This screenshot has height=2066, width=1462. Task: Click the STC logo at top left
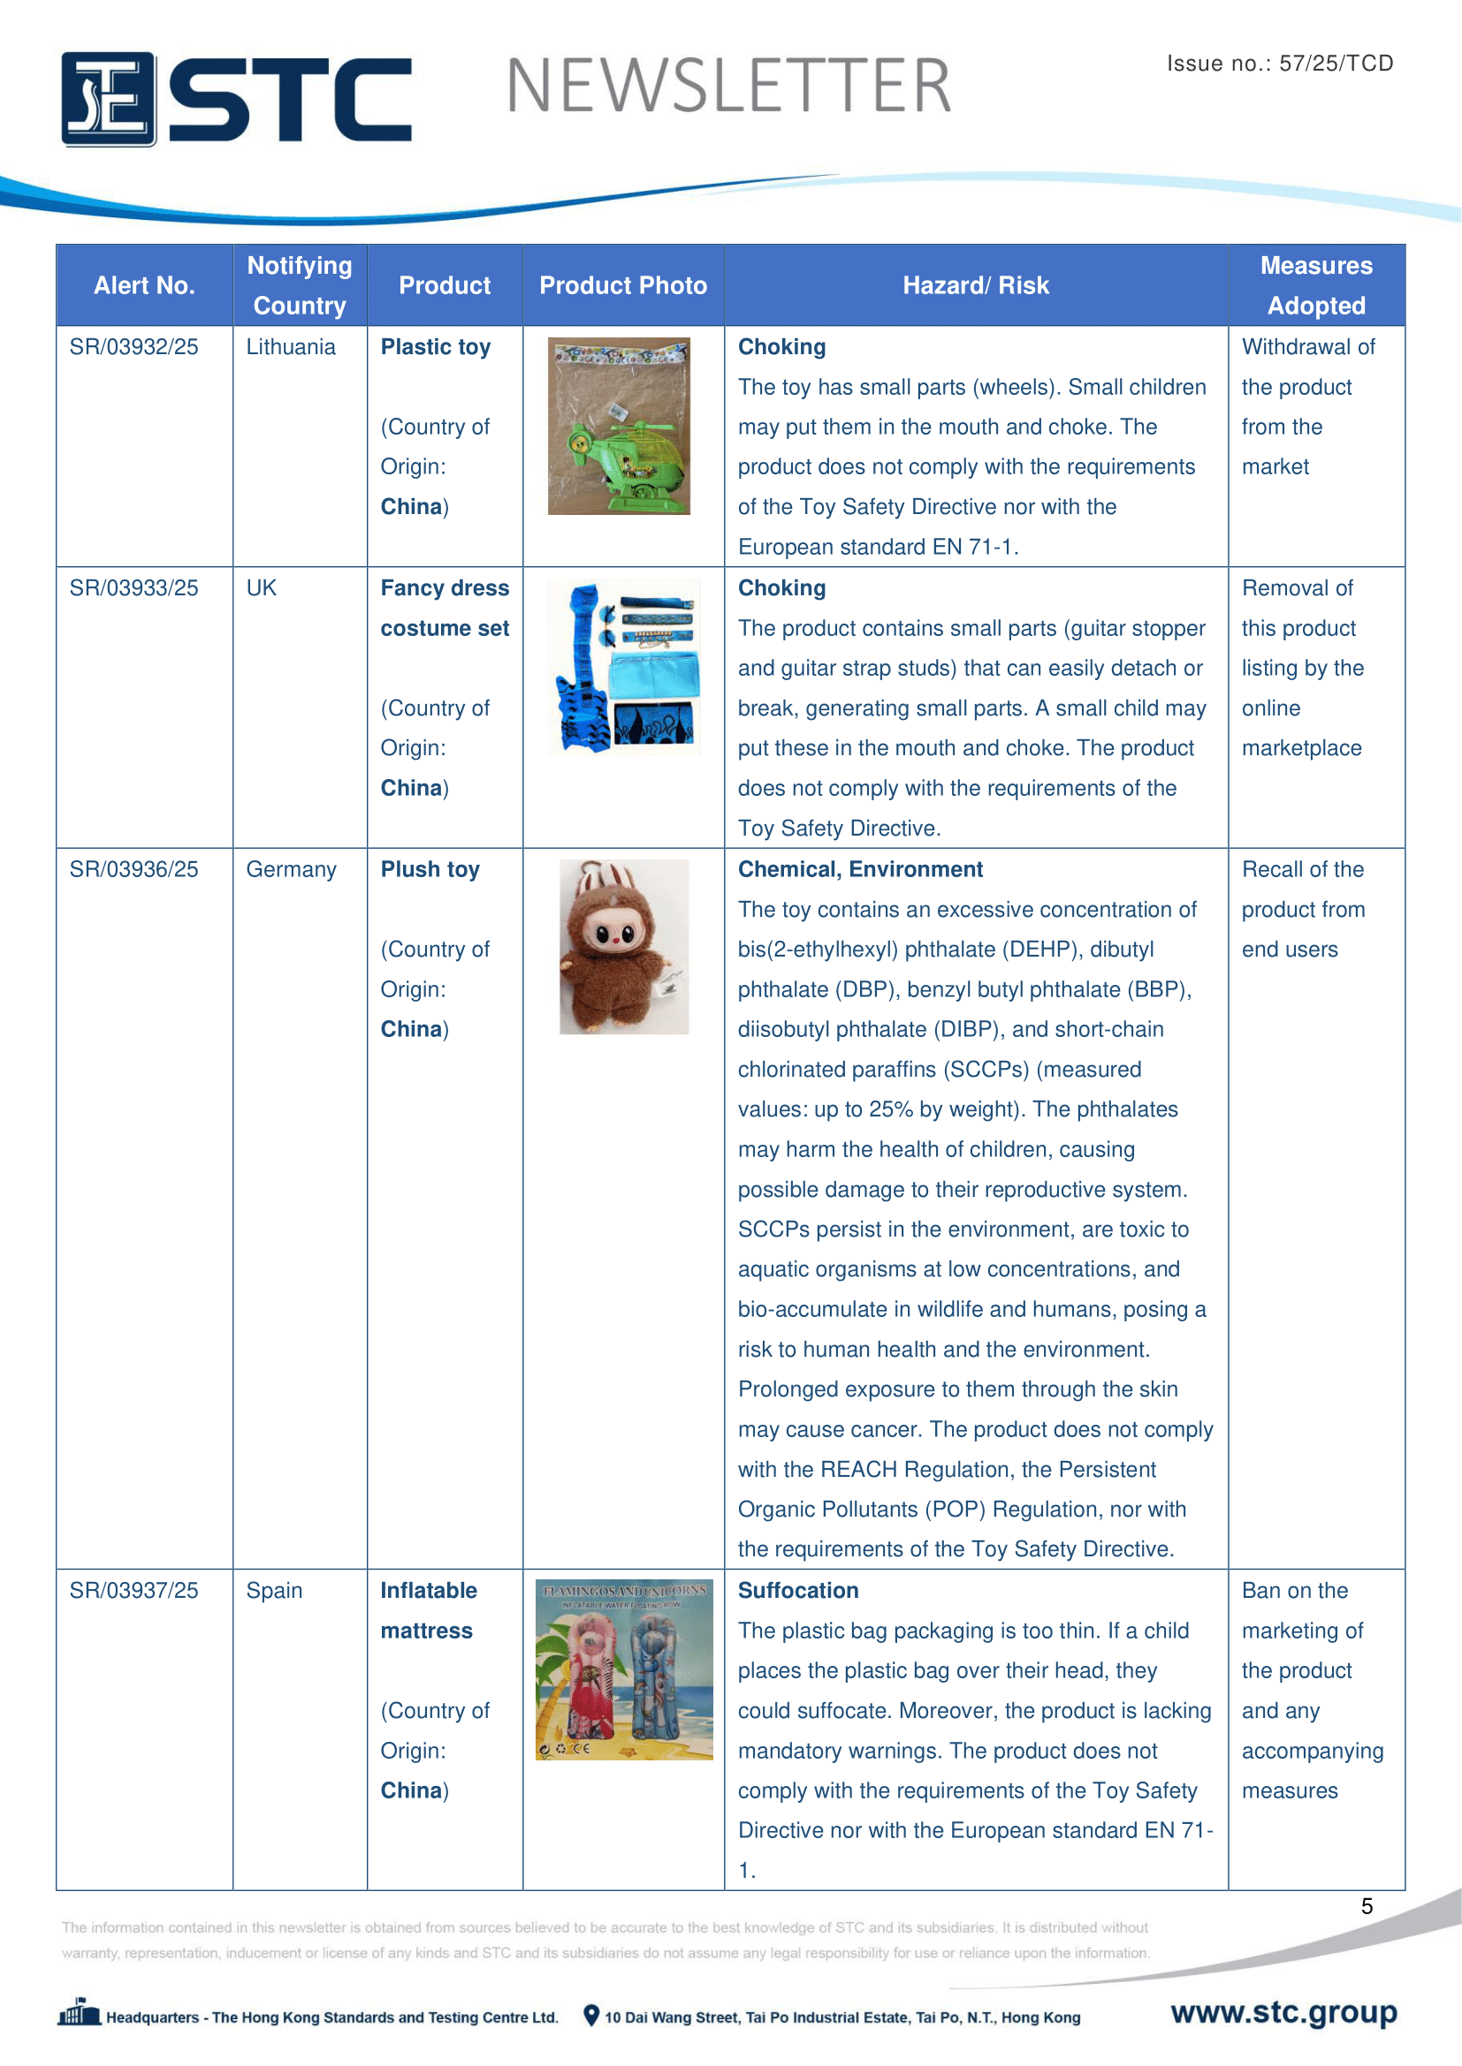click(x=236, y=98)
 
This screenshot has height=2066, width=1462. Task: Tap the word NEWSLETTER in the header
click(x=728, y=87)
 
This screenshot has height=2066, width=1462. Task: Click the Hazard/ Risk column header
click(x=975, y=285)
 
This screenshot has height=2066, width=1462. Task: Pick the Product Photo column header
click(x=623, y=285)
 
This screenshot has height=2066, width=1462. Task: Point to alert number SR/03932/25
click(x=134, y=347)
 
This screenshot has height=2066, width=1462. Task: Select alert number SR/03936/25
click(x=134, y=869)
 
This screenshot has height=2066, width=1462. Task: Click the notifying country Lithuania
click(x=291, y=347)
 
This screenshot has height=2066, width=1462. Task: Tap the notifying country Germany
click(x=291, y=869)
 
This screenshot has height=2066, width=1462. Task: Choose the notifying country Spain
click(x=275, y=1590)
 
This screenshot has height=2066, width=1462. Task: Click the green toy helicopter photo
click(x=620, y=427)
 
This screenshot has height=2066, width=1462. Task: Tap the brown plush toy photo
click(x=624, y=946)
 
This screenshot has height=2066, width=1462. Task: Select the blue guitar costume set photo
click(x=624, y=666)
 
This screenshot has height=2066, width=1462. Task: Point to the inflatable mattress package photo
click(x=624, y=1669)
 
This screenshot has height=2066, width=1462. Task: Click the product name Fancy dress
click(x=445, y=588)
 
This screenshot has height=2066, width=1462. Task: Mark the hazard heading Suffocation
click(x=797, y=1590)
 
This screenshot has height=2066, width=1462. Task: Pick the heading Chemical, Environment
click(x=860, y=869)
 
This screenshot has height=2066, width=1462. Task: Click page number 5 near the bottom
click(x=1367, y=1906)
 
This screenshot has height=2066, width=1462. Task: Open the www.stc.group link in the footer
click(x=1283, y=2012)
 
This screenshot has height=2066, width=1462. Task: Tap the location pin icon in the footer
click(x=591, y=2016)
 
